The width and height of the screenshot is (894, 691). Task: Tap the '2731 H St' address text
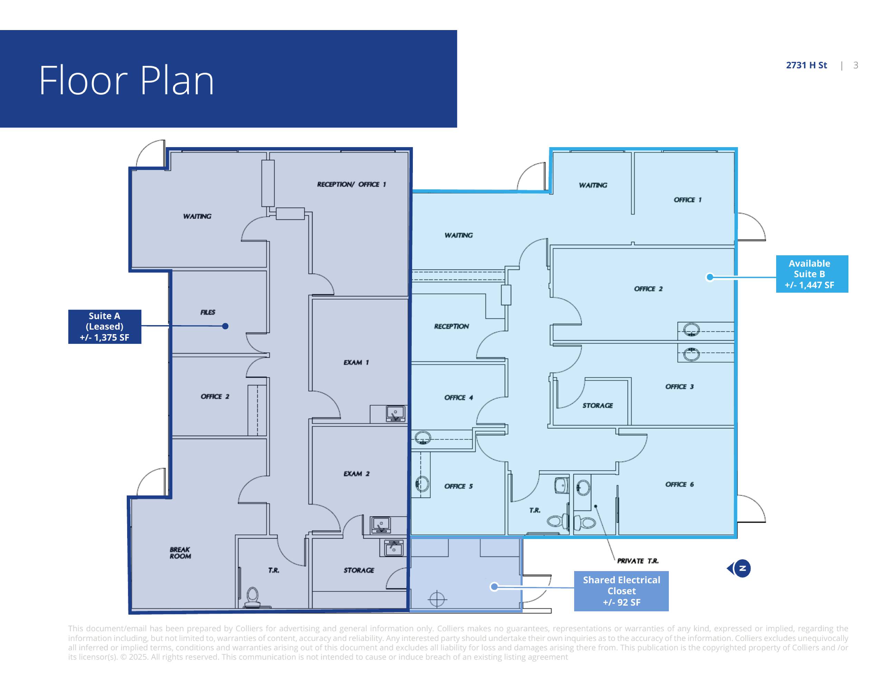806,65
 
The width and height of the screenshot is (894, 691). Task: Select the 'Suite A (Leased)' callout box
104,326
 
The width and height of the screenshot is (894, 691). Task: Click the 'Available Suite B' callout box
812,274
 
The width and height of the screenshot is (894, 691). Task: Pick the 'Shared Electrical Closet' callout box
621,591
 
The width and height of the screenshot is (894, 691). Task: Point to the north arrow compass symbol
739,568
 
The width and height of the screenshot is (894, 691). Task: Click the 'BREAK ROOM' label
180,553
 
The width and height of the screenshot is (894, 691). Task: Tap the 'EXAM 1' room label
356,362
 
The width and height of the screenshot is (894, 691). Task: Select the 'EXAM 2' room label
356,474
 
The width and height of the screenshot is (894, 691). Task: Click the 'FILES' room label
208,312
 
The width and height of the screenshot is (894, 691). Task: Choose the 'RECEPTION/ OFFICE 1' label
351,184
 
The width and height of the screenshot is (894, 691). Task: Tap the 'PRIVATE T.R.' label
638,561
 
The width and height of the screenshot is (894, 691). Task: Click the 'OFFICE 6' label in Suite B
679,484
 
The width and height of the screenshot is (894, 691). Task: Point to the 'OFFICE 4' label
458,397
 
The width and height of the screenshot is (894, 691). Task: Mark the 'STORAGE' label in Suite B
598,405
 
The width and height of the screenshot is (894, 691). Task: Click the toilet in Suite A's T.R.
253,597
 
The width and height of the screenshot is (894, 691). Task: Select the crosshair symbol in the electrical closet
437,599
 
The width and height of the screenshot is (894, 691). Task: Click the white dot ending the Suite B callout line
710,277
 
